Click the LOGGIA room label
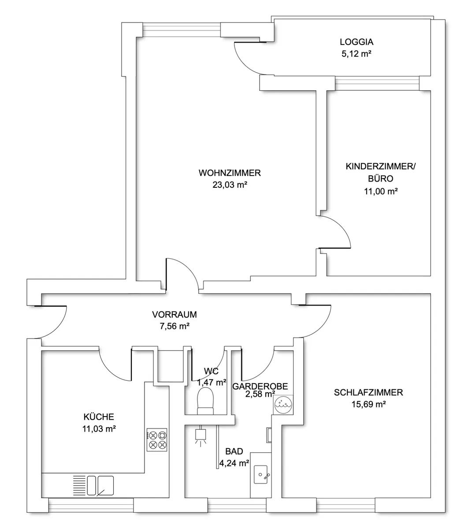pos(357,42)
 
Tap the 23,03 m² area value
pos(230,185)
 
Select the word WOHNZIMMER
pos(230,173)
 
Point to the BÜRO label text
pos(381,179)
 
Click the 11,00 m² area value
pos(381,191)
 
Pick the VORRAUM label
pos(175,315)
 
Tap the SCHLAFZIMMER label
pos(368,392)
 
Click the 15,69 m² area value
pos(368,404)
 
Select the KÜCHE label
pos(99,417)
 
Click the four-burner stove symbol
pos(157,440)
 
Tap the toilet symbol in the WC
pos(205,403)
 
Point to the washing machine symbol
pos(283,405)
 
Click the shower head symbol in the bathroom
pos(201,437)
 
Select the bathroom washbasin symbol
pos(260,474)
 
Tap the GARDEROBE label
pos(260,386)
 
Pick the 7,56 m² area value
pos(175,326)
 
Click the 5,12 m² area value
pos(357,54)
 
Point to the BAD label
pos(234,451)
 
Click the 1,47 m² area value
pos(212,382)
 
